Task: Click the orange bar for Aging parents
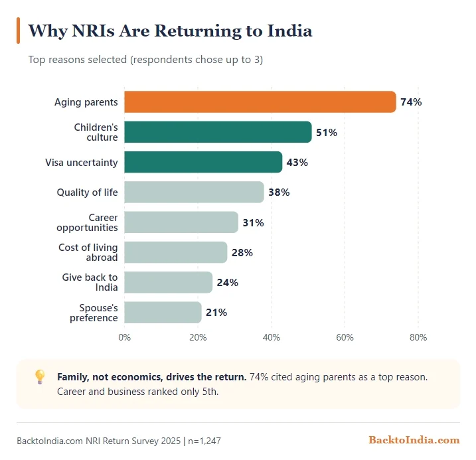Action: click(260, 102)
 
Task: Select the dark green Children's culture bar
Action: click(218, 132)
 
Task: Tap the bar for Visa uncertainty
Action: click(203, 162)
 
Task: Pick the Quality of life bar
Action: click(194, 192)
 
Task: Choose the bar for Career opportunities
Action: click(181, 222)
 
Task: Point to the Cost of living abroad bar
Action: click(175, 252)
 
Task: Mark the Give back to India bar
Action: click(168, 282)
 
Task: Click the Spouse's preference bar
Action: click(163, 313)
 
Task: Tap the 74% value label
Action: click(411, 102)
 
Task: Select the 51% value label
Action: click(327, 132)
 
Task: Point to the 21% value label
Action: click(216, 313)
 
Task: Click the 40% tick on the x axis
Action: click(271, 337)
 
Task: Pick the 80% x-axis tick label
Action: click(418, 337)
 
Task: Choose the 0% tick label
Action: click(124, 337)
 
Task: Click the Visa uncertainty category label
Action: click(82, 162)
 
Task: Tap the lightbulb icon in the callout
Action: click(40, 377)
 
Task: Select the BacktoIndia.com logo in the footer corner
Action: click(414, 440)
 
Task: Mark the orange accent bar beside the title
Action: click(18, 31)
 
